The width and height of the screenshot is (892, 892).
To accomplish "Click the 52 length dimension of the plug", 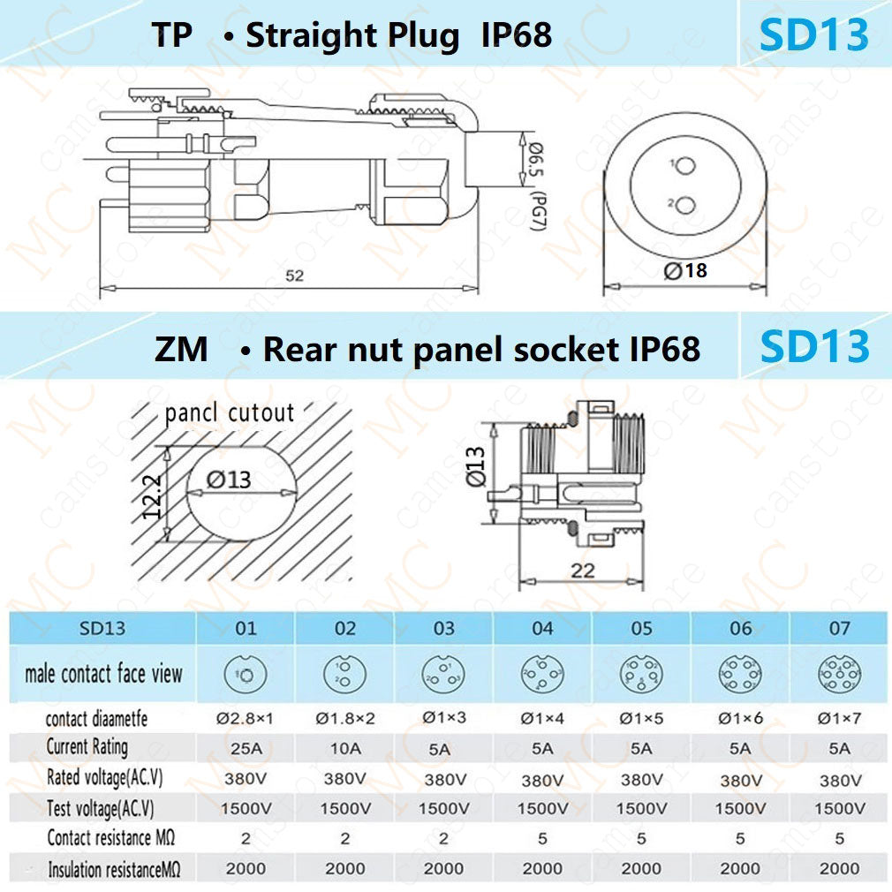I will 294,276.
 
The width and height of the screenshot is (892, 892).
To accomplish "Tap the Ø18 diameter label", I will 686,271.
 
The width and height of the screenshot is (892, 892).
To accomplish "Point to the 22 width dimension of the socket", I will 583,570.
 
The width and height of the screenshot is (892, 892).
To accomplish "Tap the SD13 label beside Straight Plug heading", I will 814,34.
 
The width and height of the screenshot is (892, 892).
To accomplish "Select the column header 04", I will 542,628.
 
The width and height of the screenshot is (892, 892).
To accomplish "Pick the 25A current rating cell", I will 246,748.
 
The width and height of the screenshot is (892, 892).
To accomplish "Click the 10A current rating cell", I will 344,748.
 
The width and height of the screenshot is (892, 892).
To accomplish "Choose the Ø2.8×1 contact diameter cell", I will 246,718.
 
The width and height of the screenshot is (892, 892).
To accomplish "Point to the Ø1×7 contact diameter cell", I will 839,718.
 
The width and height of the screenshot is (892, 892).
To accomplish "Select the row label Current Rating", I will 87,747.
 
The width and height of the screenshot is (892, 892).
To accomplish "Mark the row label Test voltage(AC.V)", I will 100,807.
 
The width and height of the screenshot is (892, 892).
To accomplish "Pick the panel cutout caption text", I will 230,412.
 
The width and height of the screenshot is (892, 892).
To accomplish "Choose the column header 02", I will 344,628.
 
